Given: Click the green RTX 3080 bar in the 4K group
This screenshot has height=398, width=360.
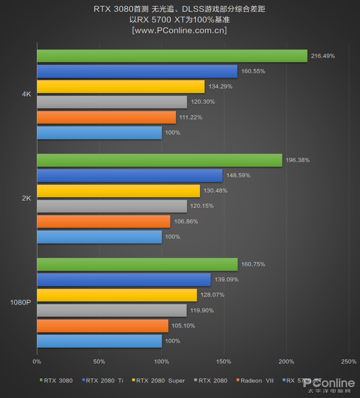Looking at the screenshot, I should (172, 56).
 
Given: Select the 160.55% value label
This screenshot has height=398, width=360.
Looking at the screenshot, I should (253, 71).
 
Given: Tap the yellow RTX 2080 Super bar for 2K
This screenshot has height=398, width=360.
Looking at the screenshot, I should (118, 191).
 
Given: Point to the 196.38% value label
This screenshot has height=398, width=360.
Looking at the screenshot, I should (298, 160).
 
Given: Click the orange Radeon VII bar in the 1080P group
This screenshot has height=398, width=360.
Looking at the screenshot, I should (102, 326).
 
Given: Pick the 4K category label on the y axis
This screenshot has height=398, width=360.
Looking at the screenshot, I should (27, 94).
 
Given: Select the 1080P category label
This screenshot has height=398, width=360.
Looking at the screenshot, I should (21, 302).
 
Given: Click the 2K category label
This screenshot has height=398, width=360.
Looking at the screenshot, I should (27, 198).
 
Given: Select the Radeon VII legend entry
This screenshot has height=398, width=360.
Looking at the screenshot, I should (255, 381).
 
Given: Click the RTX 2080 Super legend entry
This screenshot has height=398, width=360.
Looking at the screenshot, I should (159, 381).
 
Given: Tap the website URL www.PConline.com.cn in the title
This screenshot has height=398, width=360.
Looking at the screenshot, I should (179, 30).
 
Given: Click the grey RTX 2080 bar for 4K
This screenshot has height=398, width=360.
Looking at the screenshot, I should (112, 102).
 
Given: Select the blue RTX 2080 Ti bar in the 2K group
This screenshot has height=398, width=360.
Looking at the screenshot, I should (130, 176).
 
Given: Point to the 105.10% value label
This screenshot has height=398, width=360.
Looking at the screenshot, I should (184, 326).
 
